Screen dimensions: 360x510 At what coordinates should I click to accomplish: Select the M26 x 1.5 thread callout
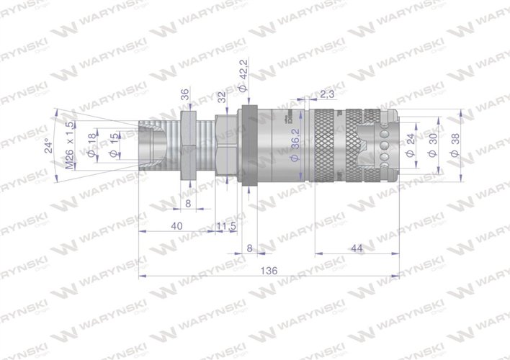pos(70,144)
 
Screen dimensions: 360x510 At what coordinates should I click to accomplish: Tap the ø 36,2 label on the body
pos(295,144)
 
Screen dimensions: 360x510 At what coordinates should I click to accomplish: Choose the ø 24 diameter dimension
pos(411,143)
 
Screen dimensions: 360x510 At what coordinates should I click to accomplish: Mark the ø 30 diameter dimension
pos(433,143)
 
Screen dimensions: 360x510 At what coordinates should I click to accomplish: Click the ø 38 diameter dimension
pos(453,144)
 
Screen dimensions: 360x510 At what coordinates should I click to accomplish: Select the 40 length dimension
pos(177,225)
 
